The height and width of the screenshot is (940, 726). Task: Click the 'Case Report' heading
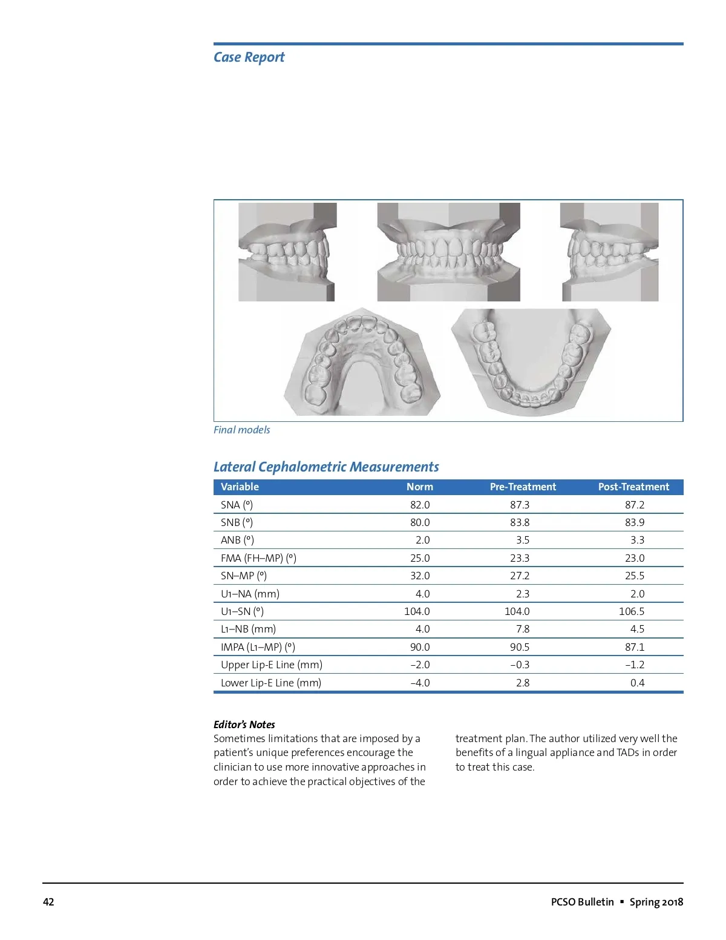[249, 58]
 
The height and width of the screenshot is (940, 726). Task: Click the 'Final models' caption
[241, 430]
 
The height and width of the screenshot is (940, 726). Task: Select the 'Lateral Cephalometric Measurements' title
[326, 467]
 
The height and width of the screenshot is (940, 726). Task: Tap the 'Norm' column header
[419, 487]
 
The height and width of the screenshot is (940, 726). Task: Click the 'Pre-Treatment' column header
[523, 487]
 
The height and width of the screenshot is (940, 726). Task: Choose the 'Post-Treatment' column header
[633, 487]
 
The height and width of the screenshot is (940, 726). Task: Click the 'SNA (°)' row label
[237, 505]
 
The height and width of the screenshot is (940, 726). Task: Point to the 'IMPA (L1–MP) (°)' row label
[258, 647]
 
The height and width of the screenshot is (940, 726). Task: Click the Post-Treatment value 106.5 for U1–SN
[632, 611]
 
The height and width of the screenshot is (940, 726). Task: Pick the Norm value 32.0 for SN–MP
[420, 576]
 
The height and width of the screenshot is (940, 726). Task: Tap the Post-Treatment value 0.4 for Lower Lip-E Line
[637, 683]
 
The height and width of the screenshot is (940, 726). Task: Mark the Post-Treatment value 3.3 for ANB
[637, 540]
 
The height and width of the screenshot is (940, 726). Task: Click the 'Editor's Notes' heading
[244, 725]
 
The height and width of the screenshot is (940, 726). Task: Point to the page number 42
[48, 902]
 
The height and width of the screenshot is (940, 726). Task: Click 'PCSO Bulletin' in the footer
[582, 902]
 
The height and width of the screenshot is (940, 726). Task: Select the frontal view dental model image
[448, 252]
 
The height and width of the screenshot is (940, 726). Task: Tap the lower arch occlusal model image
[531, 362]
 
